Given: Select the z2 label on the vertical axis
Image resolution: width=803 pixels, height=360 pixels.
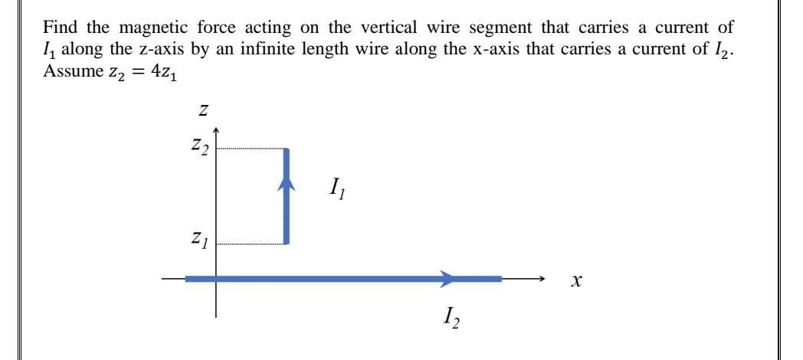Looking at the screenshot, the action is [x=200, y=148].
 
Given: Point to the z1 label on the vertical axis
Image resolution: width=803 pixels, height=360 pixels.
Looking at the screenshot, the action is [x=199, y=244].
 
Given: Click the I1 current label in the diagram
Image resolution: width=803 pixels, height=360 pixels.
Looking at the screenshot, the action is [x=339, y=187].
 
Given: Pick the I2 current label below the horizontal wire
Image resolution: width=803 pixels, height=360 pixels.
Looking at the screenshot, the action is [x=451, y=315].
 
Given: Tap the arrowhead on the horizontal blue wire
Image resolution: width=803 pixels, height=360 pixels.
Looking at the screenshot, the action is [x=447, y=280].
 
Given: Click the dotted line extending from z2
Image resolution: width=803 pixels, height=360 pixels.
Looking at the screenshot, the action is [x=251, y=149].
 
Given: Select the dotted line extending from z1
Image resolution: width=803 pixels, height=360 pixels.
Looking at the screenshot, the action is [x=251, y=244].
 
